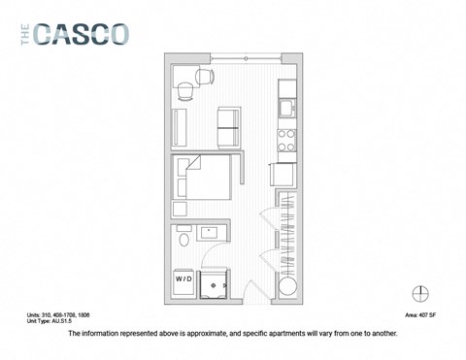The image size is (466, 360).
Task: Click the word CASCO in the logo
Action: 82,34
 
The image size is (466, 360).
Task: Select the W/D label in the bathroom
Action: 183,278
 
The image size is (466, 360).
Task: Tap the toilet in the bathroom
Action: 183,240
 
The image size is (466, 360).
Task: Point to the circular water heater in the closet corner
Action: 285,287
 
